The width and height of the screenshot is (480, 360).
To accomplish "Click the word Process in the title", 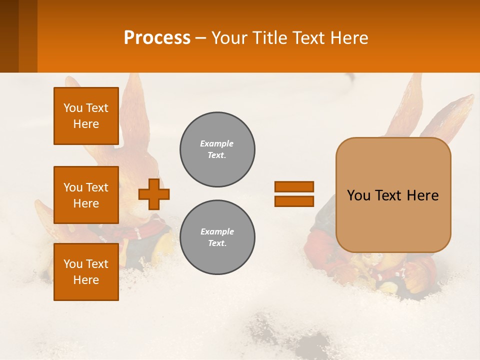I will [157, 38].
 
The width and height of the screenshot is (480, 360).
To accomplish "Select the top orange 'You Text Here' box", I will [86, 116].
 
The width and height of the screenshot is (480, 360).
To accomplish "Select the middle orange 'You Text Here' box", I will [86, 195].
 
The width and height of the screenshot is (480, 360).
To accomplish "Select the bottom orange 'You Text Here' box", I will [86, 271].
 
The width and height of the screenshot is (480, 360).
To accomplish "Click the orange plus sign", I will [154, 193].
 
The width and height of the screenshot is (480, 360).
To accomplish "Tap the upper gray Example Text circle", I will [217, 149].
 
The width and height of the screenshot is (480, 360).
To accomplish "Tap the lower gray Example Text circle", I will [217, 237].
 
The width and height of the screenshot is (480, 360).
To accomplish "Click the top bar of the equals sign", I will [294, 187].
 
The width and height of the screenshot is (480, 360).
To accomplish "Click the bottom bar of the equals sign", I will [294, 201].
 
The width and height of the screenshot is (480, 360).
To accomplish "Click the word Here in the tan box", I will [422, 195].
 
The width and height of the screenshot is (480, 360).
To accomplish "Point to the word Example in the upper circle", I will [216, 143].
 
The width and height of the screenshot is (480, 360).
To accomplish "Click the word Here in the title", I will [348, 38].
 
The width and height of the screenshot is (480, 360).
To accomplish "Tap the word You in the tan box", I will [358, 195].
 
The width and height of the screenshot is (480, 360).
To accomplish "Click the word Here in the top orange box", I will [86, 124].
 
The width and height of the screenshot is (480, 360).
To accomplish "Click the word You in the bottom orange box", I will [72, 264].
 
